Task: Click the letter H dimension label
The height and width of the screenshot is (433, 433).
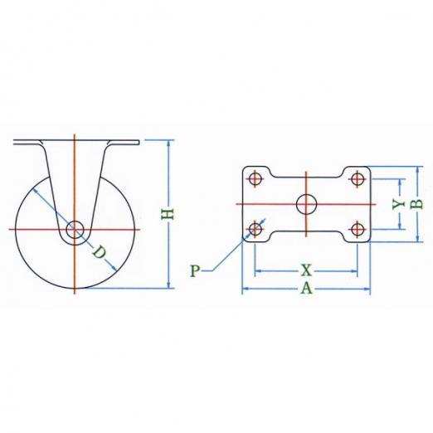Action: click(x=168, y=214)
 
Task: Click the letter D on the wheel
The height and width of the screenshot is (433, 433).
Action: click(x=99, y=252)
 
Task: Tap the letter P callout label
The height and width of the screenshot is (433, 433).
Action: click(x=195, y=270)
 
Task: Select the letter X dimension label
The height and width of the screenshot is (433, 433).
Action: click(x=306, y=270)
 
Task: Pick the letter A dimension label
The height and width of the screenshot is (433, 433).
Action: click(x=306, y=289)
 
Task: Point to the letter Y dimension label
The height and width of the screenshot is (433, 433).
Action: click(x=398, y=204)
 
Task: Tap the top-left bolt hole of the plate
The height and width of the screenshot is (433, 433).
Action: click(x=255, y=179)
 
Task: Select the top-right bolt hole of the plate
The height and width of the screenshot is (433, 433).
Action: click(x=358, y=179)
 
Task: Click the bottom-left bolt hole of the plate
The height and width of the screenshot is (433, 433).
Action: click(x=255, y=229)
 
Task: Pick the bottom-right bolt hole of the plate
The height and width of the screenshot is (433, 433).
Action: click(x=358, y=229)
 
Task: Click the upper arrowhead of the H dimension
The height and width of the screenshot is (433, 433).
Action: click(x=168, y=144)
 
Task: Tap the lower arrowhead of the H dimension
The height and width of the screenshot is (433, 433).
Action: click(x=168, y=285)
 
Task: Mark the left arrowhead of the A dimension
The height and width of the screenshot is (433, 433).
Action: click(x=246, y=289)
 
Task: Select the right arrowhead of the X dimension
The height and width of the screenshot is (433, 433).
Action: click(x=354, y=271)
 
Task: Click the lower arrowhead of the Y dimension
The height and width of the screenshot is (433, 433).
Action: click(x=400, y=226)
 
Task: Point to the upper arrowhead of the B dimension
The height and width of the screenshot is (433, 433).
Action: click(x=417, y=170)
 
